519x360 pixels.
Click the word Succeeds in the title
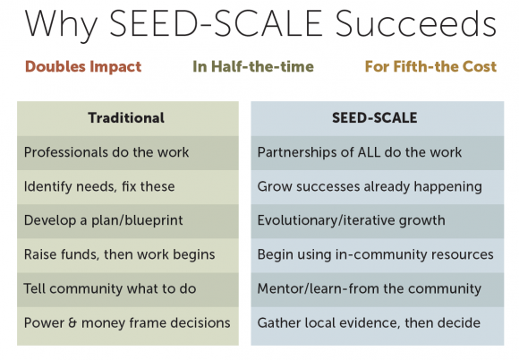[x=416, y=23]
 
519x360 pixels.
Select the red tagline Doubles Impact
[x=83, y=67]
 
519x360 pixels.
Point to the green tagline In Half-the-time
[x=253, y=66]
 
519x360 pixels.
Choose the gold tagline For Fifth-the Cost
[x=430, y=66]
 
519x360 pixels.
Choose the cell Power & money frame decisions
[x=127, y=323]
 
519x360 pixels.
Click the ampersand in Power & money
[x=72, y=323]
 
